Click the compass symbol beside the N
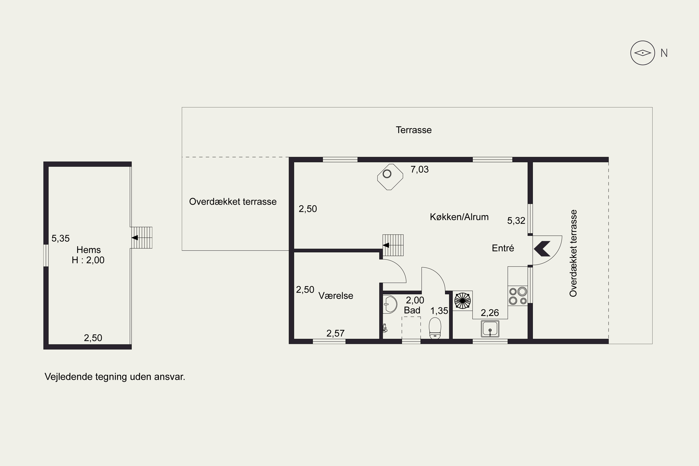tap(643, 53)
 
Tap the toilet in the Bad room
tap(435, 328)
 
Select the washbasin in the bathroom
tap(390, 304)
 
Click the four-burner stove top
tap(518, 296)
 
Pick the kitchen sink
tap(490, 329)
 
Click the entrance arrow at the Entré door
tap(542, 248)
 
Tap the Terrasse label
tap(414, 130)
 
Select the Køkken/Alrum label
tap(459, 217)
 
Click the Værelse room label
tap(336, 295)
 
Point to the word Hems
tap(89, 250)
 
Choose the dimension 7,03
tap(420, 169)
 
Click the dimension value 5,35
tap(61, 238)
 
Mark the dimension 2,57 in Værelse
tap(336, 333)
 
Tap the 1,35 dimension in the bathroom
tap(439, 311)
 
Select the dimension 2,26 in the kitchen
tap(490, 313)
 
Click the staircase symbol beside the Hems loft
tap(141, 238)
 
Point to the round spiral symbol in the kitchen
tap(463, 301)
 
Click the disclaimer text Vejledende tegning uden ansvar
tap(115, 377)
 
